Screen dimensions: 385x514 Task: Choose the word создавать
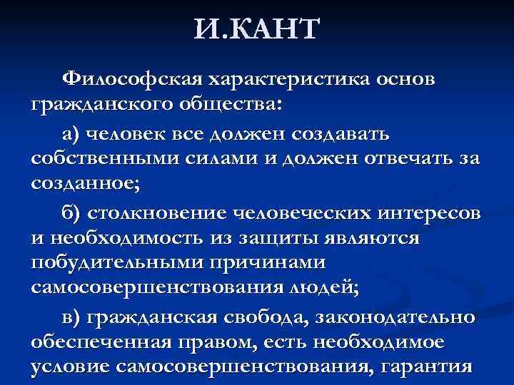tap(358, 132)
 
